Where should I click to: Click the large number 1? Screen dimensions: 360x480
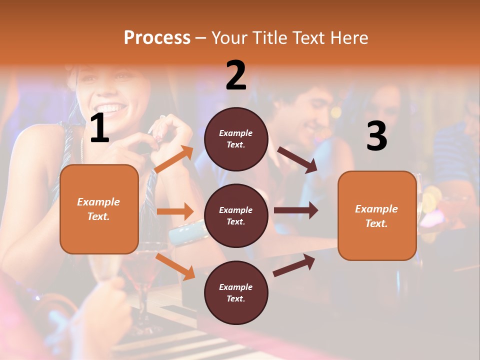99,128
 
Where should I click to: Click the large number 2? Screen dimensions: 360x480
236,76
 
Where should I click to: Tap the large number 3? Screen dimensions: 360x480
376,136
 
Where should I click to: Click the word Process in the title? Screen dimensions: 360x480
157,37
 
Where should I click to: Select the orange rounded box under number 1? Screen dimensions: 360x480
99,209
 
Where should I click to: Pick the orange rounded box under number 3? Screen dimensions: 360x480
377,216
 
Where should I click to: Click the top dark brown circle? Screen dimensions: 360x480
236,139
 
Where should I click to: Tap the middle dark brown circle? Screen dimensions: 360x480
236,215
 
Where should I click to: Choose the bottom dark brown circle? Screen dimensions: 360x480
236,292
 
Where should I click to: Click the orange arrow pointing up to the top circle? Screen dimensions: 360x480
174,159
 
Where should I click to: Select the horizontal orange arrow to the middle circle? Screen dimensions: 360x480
175,211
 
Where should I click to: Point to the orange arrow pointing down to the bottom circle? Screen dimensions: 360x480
175,266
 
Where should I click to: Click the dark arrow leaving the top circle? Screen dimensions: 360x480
297,160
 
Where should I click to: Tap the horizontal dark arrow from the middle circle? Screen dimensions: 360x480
296,210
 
